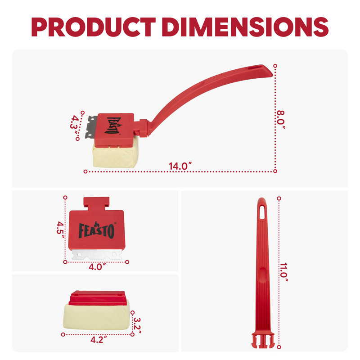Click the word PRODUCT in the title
[x=94, y=27]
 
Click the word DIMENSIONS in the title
[x=245, y=27]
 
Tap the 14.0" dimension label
[x=180, y=166]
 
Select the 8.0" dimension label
[x=280, y=120]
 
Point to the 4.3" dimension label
[x=75, y=126]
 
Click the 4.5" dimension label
[x=61, y=230]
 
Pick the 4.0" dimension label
[x=97, y=267]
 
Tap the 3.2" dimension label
[x=137, y=325]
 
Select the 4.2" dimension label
[x=99, y=340]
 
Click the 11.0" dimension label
[x=283, y=272]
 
